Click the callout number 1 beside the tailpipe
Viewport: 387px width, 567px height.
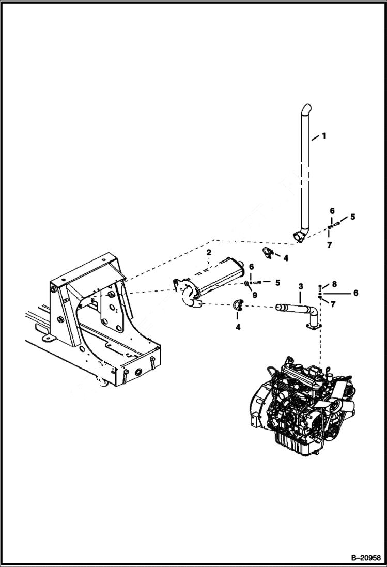pos(323,136)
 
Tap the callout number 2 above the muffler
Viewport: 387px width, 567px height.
pos(208,253)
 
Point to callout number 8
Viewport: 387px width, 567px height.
pos(334,284)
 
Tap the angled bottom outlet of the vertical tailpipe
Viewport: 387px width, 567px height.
pos(298,236)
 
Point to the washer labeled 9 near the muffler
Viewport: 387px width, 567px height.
pos(247,283)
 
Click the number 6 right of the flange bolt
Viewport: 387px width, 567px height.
pos(355,293)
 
